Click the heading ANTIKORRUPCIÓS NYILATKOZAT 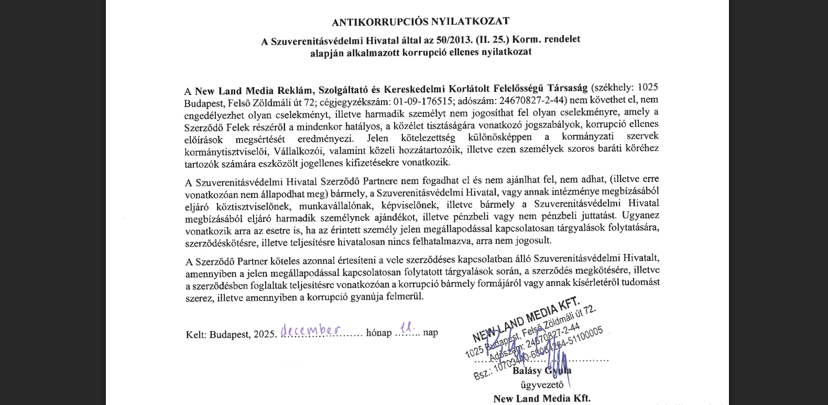pyautogui.click(x=420, y=22)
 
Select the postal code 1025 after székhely pyautogui.click(x=648, y=88)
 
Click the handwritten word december pyautogui.click(x=310, y=330)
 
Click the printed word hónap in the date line pyautogui.click(x=378, y=333)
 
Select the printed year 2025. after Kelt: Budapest pyautogui.click(x=265, y=334)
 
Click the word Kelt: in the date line pyautogui.click(x=197, y=335)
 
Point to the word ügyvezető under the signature pyautogui.click(x=542, y=385)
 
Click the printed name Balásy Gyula pyautogui.click(x=542, y=370)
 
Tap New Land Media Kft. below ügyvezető pyautogui.click(x=542, y=398)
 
